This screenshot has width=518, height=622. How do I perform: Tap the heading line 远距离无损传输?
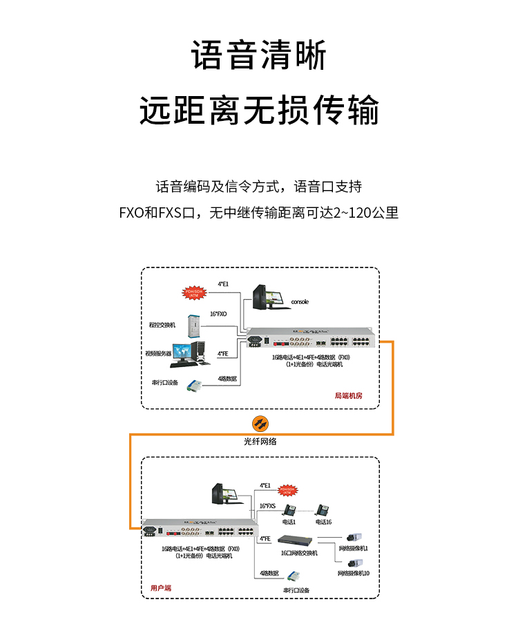tap(259, 111)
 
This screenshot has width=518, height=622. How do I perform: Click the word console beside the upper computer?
tap(300, 302)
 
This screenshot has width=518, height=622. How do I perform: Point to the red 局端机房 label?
tap(348, 396)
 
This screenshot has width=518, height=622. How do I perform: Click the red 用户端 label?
tap(161, 588)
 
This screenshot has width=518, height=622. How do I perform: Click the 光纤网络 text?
tap(260, 441)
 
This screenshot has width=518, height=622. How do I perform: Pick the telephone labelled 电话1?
tap(290, 511)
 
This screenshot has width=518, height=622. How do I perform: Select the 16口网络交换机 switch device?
tap(298, 540)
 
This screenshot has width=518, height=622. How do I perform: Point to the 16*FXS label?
tap(267, 506)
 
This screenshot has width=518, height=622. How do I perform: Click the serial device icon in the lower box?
tap(294, 576)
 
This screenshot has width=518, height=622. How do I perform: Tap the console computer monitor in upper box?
tap(267, 298)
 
